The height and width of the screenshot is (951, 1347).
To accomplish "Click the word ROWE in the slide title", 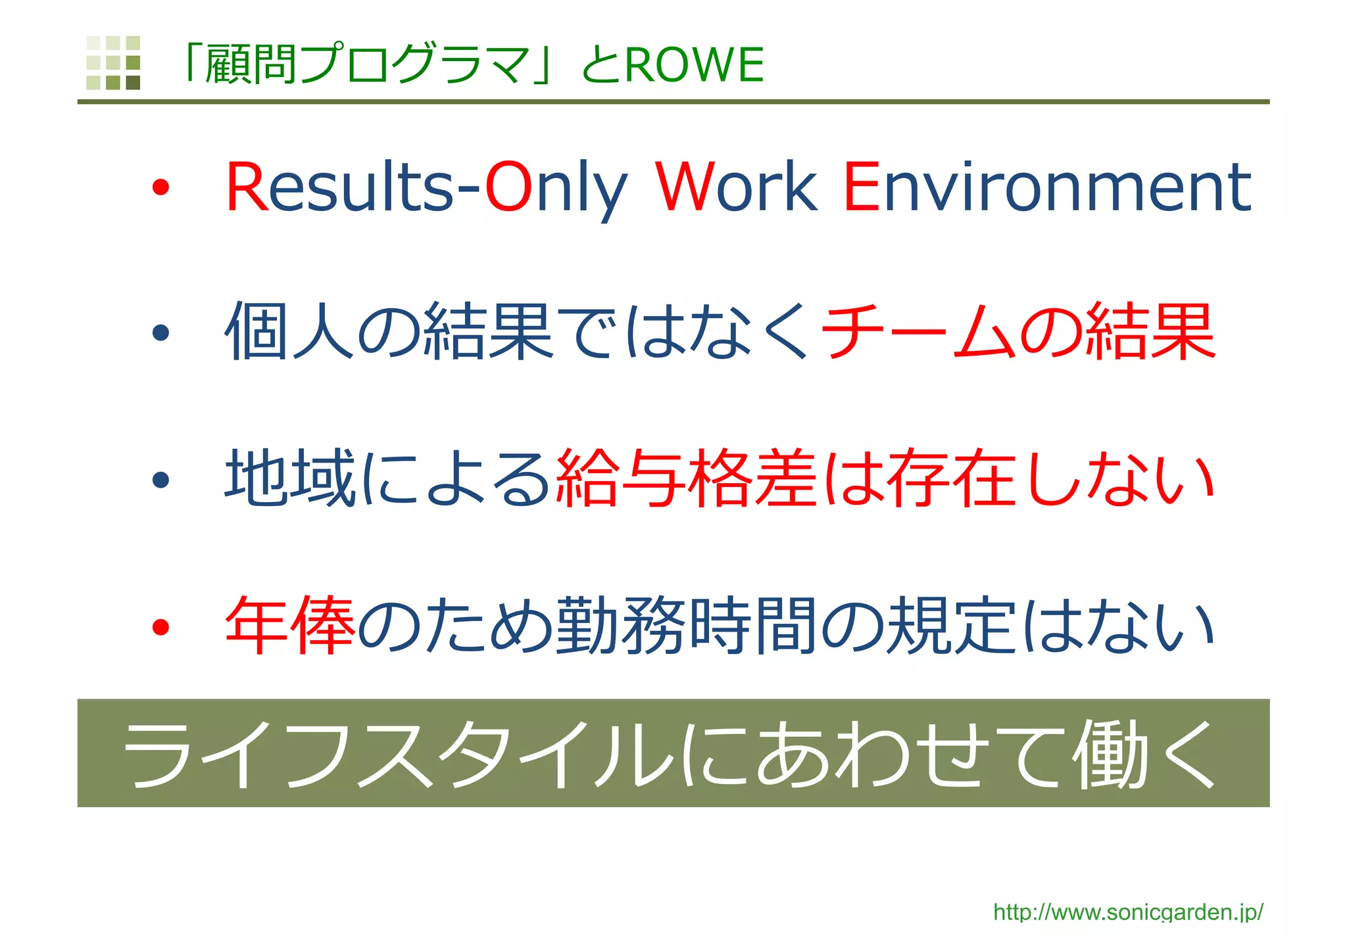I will click(x=694, y=65).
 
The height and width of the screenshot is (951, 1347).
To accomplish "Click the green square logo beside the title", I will click(x=113, y=62).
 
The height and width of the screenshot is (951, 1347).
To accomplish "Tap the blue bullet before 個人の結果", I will click(x=160, y=333).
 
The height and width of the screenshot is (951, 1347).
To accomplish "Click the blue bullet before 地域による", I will click(x=160, y=480).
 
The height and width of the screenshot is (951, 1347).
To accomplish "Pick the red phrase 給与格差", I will click(x=686, y=478).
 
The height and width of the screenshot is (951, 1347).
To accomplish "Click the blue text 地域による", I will click(x=388, y=478).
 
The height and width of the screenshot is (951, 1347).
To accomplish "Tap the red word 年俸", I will click(x=289, y=626).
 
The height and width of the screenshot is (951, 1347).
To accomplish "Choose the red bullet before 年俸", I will click(x=160, y=627).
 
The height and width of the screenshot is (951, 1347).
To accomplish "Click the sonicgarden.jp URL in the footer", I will click(x=1128, y=912).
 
